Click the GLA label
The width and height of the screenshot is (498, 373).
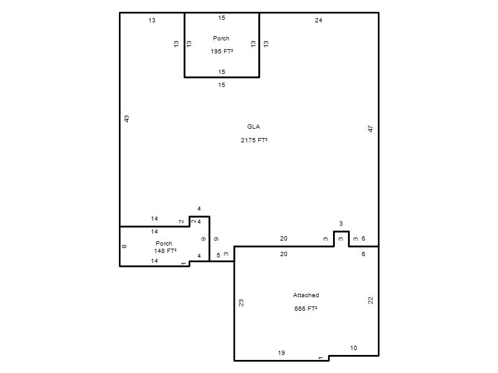(253, 127)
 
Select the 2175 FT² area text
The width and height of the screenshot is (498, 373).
(254, 140)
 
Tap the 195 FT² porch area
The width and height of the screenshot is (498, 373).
(222, 52)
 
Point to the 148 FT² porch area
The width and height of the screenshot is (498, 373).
(165, 251)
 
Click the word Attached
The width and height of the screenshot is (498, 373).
(306, 295)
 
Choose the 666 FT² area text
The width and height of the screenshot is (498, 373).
(306, 308)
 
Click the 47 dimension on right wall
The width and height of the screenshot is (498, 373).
(370, 129)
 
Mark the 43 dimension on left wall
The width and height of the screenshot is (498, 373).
(126, 119)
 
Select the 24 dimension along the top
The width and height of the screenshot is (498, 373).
(319, 21)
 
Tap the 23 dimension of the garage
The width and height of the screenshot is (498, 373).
(241, 303)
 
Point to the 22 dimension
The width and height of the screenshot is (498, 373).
(370, 300)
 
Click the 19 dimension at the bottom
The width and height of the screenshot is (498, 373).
(281, 352)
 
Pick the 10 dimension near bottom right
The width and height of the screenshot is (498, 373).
(354, 348)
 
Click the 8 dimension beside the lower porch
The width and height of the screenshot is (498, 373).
(124, 246)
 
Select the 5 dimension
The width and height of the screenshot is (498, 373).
(218, 256)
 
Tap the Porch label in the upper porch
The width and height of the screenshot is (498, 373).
(221, 39)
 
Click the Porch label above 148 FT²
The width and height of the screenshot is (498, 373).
(164, 243)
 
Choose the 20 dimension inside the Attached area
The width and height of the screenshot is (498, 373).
(284, 254)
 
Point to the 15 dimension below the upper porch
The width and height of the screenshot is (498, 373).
(222, 85)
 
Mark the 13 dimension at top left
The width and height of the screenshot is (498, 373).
(152, 21)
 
